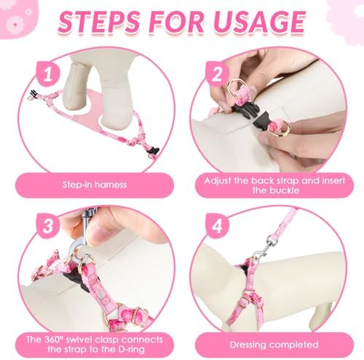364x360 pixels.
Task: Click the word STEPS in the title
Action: tap(99, 22)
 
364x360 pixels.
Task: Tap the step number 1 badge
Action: tap(48, 74)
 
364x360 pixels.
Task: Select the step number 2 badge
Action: tap(217, 74)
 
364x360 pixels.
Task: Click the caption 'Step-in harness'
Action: tap(95, 185)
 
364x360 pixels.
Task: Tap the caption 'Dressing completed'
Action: tap(274, 345)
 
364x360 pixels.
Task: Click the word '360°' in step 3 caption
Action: tap(52, 340)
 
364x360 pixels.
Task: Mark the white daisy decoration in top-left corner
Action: tap(15, 25)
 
